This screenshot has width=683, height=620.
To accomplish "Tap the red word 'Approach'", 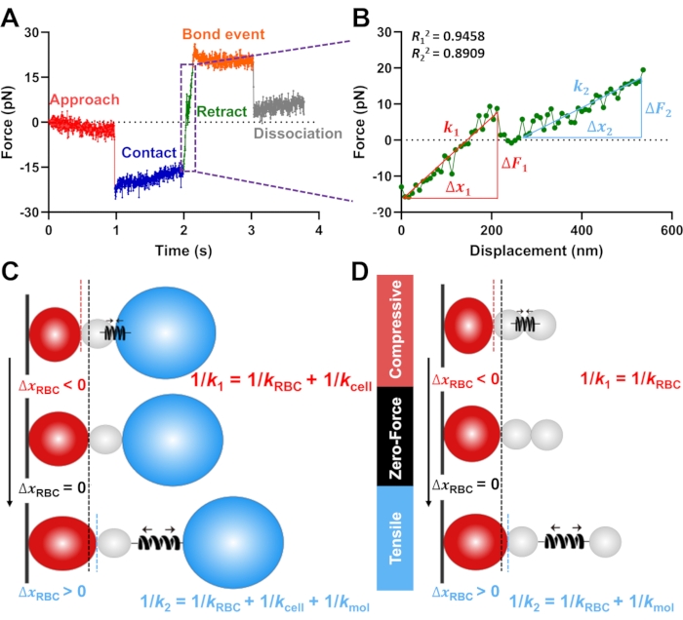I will pos(84,99).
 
